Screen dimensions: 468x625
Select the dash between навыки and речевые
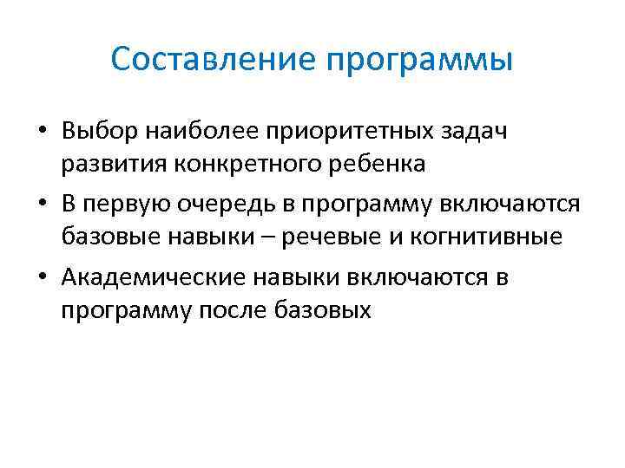(x=263, y=236)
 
